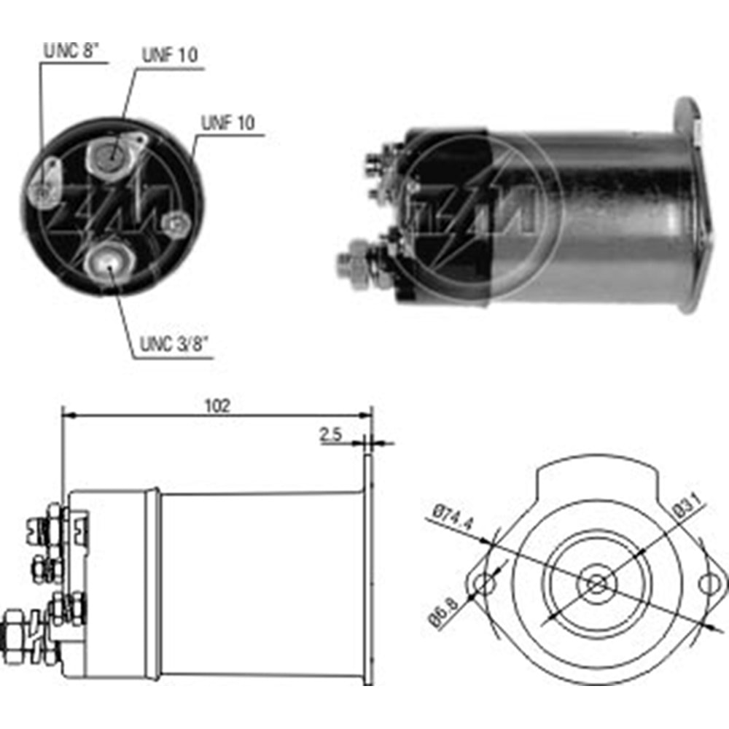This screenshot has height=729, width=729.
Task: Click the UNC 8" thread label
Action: pos(71,50)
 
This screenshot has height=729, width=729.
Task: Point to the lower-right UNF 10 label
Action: pos(228,122)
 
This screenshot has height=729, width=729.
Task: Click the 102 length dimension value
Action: pos(217,406)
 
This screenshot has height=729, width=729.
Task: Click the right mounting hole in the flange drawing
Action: pos(709,583)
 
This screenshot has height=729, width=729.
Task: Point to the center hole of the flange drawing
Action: pos(596,583)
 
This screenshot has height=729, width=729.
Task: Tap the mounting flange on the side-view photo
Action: pos(688,204)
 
